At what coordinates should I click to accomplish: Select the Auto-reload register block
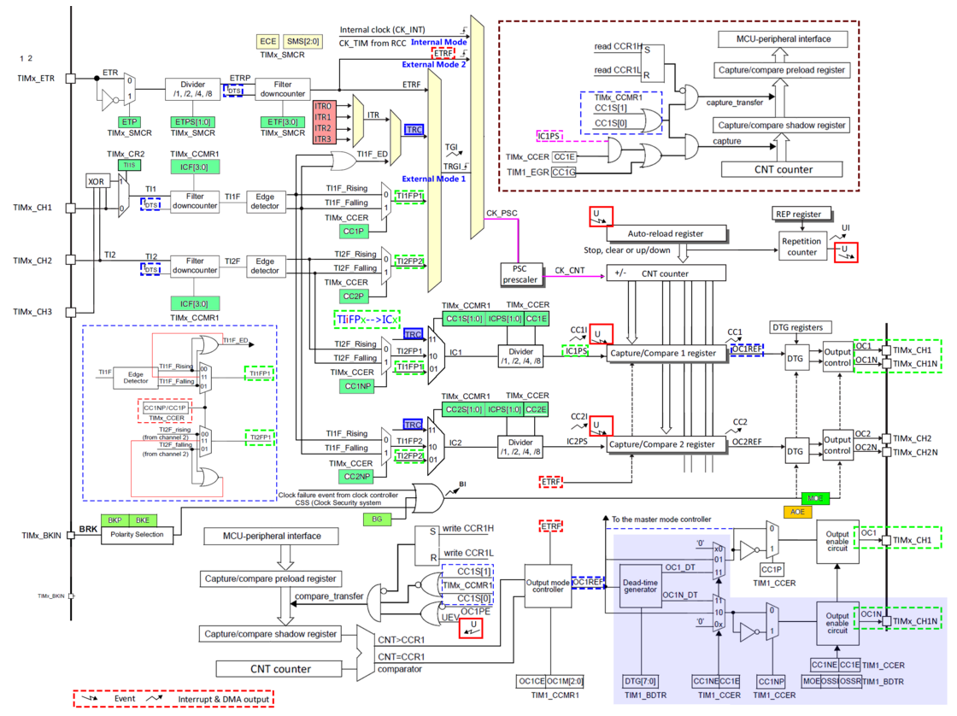(x=666, y=232)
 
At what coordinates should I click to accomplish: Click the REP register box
(x=799, y=214)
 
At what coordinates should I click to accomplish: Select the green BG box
(x=377, y=519)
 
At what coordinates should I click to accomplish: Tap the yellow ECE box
(x=267, y=40)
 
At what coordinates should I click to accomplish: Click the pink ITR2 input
(x=323, y=127)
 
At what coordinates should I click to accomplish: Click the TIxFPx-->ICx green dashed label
(x=365, y=320)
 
